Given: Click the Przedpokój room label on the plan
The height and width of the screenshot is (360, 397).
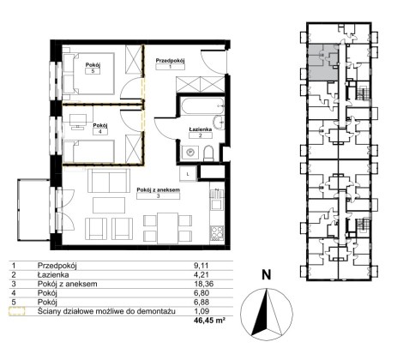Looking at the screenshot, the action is point(171,61).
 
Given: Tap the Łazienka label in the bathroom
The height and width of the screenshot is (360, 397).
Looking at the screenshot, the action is point(201,129).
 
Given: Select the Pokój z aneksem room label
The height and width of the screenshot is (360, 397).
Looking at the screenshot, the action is point(158,189).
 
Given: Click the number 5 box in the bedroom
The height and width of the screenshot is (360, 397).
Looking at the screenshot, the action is point(93,71).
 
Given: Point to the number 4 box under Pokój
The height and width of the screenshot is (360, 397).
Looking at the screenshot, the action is point(100,132).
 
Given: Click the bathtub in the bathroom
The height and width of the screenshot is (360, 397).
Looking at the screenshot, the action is point(202,106).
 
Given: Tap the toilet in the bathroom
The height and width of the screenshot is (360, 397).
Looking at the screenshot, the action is point(208,153).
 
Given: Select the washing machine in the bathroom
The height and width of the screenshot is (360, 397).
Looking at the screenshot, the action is point(189,153).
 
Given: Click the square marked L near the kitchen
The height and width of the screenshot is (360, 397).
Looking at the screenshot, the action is point(188,174).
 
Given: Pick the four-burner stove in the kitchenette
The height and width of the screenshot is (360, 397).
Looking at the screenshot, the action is point(217,232).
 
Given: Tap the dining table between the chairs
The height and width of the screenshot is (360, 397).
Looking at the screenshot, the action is point(167,228).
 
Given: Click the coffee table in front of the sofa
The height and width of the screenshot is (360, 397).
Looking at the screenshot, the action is point(109,206).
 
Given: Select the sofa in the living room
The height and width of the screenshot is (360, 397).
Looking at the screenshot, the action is point(109,181).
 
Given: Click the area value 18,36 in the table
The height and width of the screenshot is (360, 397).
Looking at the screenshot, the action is point(203,284).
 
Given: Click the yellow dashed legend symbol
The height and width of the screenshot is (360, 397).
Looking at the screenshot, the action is point(17,311).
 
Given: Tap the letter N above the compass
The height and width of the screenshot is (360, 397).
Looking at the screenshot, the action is point(267,275).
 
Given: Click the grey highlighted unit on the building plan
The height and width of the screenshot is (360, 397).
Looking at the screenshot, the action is point(322,62).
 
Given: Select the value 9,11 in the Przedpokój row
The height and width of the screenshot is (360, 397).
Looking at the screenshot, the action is point(201,266).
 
